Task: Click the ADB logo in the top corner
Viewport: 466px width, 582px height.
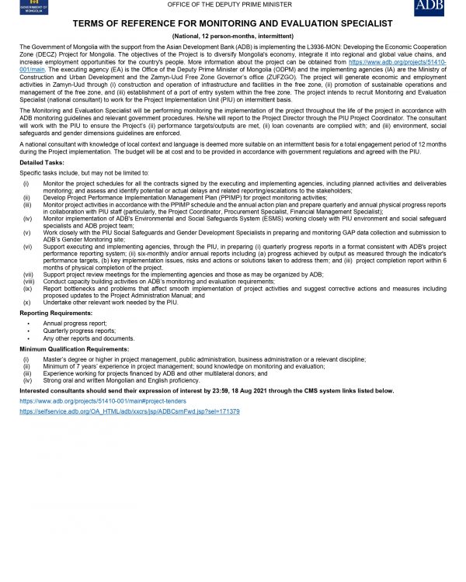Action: (429, 7)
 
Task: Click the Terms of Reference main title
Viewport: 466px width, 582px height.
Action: (232, 25)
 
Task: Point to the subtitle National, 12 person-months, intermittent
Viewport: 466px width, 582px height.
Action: (232, 36)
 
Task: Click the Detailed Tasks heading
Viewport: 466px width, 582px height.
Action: (43, 163)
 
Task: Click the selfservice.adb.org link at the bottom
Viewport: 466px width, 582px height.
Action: (130, 411)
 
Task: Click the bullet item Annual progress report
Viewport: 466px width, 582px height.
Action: (75, 322)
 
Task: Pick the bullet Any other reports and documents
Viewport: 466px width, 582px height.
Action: (89, 338)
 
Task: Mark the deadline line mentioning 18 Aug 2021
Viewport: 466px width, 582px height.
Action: (207, 390)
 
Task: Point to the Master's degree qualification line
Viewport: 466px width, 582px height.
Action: (204, 359)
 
